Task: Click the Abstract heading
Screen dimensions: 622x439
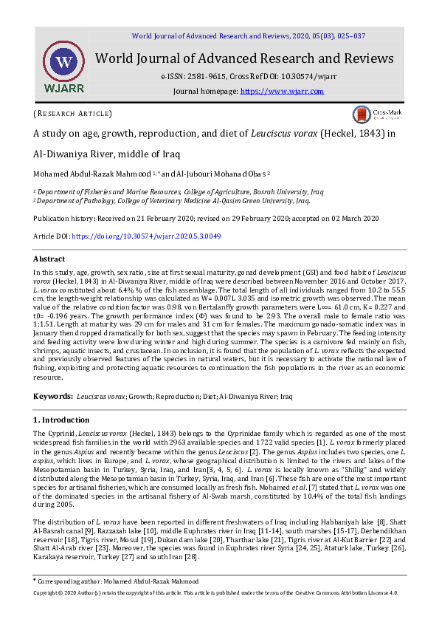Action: click(49, 259)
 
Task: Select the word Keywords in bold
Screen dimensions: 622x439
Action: click(52, 397)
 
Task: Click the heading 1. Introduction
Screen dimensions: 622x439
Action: click(61, 420)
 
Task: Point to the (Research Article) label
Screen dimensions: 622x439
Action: click(72, 114)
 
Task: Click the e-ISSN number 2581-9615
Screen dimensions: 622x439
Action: click(209, 76)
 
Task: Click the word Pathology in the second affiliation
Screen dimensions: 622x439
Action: click(103, 200)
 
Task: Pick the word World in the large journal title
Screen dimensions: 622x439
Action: click(117, 58)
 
